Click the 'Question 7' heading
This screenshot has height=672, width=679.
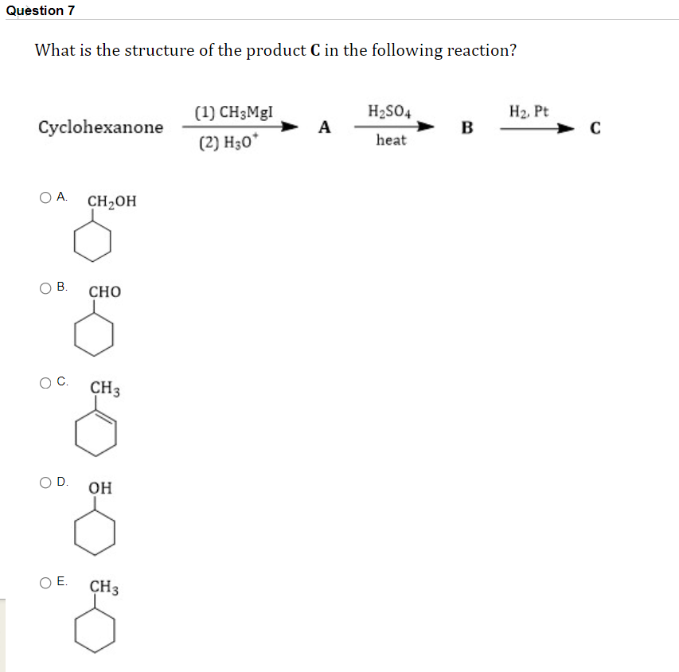click(x=38, y=10)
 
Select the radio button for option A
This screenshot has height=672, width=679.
click(x=47, y=197)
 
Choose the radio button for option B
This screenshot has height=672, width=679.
click(x=47, y=287)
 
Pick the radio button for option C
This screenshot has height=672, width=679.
click(x=47, y=383)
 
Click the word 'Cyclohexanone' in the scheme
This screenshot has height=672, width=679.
click(x=101, y=127)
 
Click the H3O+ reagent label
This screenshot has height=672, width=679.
click(x=228, y=144)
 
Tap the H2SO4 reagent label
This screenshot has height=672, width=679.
click(x=390, y=111)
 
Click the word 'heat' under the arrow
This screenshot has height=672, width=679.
click(x=391, y=141)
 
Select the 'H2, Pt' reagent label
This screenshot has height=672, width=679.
click(x=528, y=111)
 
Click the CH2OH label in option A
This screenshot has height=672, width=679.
click(x=111, y=201)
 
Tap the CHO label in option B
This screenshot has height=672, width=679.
click(x=105, y=292)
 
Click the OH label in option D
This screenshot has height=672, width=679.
click(x=100, y=487)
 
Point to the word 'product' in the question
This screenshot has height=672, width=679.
click(x=273, y=50)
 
